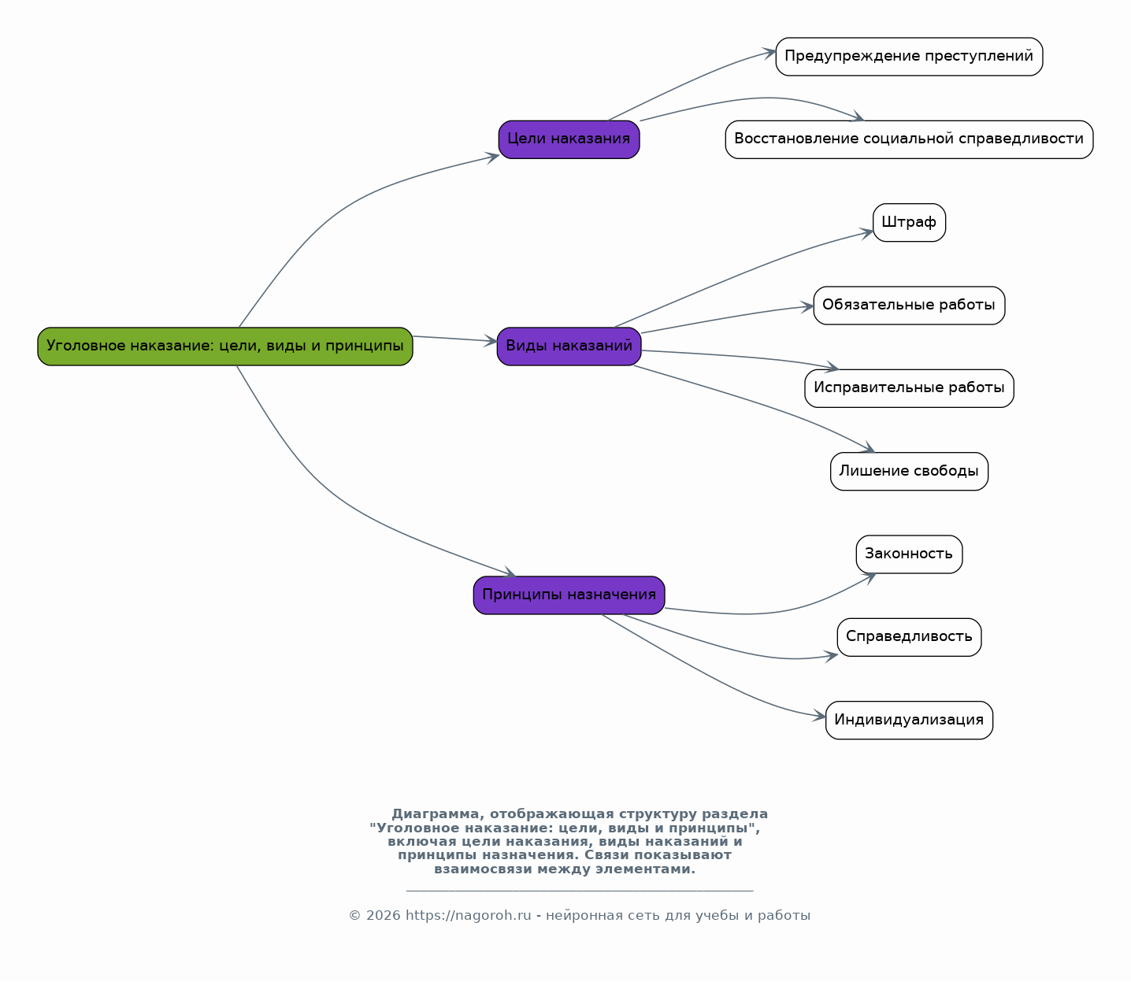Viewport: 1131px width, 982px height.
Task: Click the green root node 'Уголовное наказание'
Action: pyautogui.click(x=225, y=346)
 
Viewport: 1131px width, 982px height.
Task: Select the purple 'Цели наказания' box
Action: pyautogui.click(x=569, y=140)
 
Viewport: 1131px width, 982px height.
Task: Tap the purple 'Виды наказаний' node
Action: pyautogui.click(x=569, y=346)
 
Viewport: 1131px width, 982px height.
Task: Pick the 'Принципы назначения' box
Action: pyautogui.click(x=569, y=595)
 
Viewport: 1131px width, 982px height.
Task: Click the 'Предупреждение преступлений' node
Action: pyautogui.click(x=909, y=57)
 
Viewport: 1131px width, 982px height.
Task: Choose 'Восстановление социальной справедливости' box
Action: pyautogui.click(x=909, y=140)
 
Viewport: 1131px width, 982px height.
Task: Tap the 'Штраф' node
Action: pyautogui.click(x=909, y=223)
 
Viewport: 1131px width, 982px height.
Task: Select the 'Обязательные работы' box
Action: pyautogui.click(x=909, y=306)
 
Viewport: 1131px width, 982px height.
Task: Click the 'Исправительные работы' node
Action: pyautogui.click(x=909, y=388)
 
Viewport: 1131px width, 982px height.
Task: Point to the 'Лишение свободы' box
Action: pyautogui.click(x=909, y=472)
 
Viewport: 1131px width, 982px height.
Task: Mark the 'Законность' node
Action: pyautogui.click(x=909, y=554)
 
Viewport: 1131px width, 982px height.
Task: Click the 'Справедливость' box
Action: pyautogui.click(x=909, y=637)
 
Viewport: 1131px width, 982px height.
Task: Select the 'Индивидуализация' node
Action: pyautogui.click(x=909, y=720)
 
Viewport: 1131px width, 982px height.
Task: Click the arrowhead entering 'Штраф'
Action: pyautogui.click(x=867, y=233)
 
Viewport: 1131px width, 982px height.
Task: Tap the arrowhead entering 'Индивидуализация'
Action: pyautogui.click(x=819, y=717)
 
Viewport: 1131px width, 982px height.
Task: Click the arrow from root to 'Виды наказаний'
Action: pyautogui.click(x=455, y=339)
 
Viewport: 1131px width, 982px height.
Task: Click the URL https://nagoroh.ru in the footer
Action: pyautogui.click(x=468, y=916)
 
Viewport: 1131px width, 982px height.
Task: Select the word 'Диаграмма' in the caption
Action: pyautogui.click(x=435, y=814)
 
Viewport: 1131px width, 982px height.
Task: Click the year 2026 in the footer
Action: pyautogui.click(x=383, y=916)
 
